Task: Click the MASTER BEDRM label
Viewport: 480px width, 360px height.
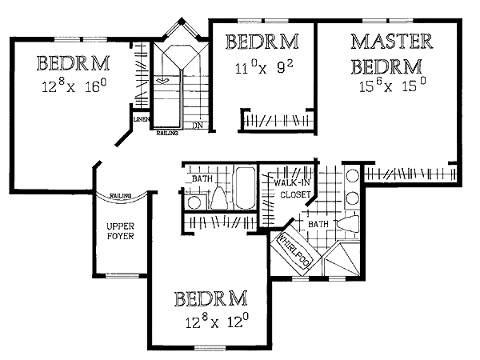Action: (391, 54)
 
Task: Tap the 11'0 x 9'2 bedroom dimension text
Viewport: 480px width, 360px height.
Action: (264, 68)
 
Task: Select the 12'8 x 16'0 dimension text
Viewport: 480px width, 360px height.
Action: (74, 86)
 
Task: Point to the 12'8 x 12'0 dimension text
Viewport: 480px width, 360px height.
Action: (217, 321)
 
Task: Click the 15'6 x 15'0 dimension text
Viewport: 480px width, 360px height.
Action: (392, 85)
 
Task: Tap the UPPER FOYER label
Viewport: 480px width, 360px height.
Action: (120, 231)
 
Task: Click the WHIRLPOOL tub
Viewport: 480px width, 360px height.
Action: (294, 250)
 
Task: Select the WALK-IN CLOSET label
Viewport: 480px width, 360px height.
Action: (293, 189)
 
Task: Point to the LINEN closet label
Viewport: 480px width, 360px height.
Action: (141, 119)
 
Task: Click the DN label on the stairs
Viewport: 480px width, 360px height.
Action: (198, 126)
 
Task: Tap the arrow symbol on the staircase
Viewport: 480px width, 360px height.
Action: (162, 81)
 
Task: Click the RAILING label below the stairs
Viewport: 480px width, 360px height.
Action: (167, 133)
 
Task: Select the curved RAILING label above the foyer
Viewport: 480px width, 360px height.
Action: (121, 196)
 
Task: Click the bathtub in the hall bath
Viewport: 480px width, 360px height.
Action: (245, 188)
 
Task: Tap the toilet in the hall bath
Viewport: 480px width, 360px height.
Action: (218, 198)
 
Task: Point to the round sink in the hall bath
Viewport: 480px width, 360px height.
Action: (194, 202)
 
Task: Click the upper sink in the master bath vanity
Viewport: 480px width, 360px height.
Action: (352, 176)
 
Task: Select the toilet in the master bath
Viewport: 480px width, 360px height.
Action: (348, 223)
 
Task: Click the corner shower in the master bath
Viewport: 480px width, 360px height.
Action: (342, 259)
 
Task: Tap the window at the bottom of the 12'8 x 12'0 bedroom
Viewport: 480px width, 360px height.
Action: (210, 348)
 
